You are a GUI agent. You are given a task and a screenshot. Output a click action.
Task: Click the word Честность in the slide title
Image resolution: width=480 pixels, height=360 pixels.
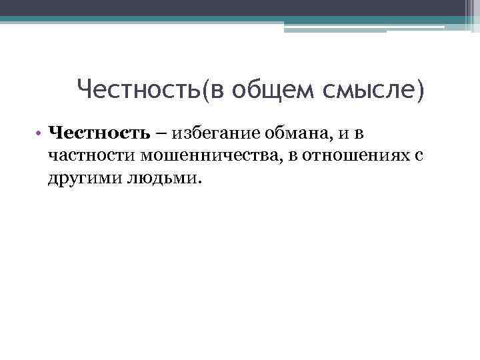139,89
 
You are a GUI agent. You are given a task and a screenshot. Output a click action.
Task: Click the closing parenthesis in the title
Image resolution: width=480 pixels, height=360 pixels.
419,89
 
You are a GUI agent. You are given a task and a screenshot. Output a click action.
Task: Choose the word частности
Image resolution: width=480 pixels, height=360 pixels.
92,155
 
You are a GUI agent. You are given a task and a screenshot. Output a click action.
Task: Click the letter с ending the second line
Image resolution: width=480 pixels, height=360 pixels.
420,157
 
